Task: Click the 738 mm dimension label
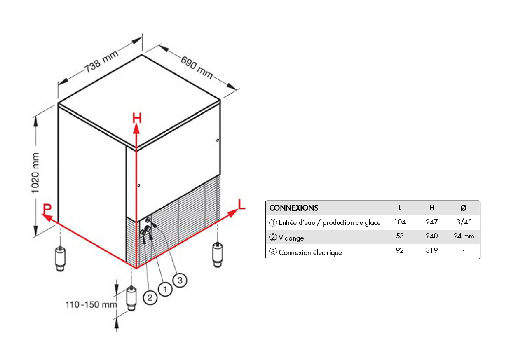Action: pos(101,62)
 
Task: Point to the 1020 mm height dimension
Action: pos(35,173)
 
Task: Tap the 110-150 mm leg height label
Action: pos(91,305)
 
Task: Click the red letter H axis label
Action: pos(137,119)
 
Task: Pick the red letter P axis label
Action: pos(47,208)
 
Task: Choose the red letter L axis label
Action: pos(241,204)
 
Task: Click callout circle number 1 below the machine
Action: pos(165,290)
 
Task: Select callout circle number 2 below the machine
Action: pos(150,297)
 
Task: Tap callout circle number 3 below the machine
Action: pos(180,280)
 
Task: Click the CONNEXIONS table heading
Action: pos(293,208)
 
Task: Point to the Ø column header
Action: pos(463,208)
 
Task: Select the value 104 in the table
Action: pos(400,222)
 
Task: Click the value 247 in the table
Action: pos(431,222)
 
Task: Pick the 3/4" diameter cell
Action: pos(464,222)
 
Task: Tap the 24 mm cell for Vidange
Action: pos(464,236)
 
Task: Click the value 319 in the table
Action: pos(431,250)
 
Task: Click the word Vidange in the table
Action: pos(291,238)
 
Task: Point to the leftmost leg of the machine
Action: pos(61,259)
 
